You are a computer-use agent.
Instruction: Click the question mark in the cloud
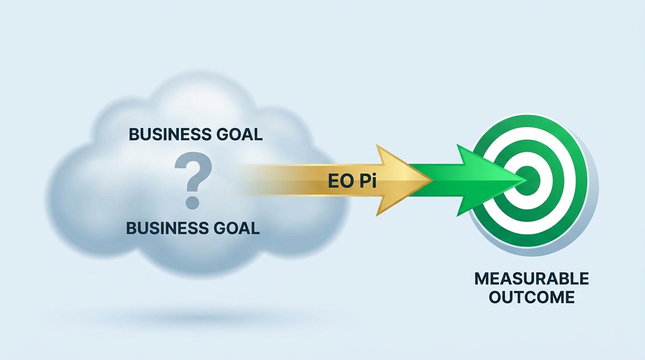[x=193, y=180]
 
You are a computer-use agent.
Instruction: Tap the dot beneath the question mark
[x=193, y=202]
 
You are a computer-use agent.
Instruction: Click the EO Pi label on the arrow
[x=352, y=181]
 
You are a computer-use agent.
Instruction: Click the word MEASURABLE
[x=532, y=278]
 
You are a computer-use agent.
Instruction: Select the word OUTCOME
[x=532, y=297]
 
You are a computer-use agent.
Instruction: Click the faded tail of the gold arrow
[x=259, y=180]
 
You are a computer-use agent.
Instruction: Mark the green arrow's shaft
[x=435, y=180]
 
